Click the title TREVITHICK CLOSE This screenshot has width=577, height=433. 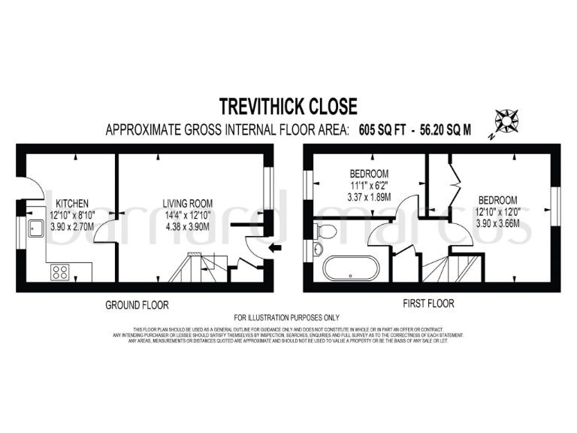coord(288,105)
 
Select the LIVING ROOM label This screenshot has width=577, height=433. coord(188,203)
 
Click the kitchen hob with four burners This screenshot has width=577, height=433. coord(60,271)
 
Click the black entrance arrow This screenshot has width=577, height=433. coord(275,248)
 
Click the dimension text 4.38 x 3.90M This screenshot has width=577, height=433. coord(188,224)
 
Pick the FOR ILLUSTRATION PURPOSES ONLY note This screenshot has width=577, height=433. coord(287,318)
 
